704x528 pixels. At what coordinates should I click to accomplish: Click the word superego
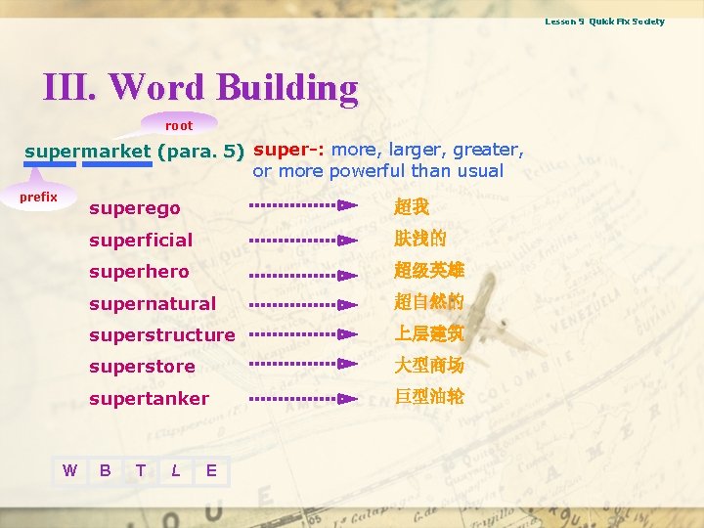[135, 208]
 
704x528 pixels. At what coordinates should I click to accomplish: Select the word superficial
[141, 240]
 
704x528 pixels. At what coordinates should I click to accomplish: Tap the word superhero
[139, 272]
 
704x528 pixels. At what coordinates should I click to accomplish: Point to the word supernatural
[153, 303]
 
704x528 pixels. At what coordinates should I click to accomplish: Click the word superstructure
[162, 335]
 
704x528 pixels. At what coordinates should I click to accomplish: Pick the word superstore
[142, 367]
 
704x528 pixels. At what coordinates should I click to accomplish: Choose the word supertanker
[149, 399]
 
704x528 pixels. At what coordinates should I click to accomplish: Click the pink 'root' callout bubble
[179, 125]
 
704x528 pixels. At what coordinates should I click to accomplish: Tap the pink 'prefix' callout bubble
[39, 198]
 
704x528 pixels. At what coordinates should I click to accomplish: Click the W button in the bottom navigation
[69, 470]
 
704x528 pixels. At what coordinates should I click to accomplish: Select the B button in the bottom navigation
[105, 470]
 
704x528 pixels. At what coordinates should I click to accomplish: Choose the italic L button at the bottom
[175, 470]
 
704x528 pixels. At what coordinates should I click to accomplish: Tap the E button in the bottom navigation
[211, 470]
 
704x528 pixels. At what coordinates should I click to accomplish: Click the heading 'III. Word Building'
[200, 87]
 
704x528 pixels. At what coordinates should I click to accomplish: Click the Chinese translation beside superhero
[429, 271]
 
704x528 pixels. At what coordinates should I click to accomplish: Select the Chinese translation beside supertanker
[429, 398]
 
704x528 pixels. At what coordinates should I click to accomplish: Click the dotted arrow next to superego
[303, 206]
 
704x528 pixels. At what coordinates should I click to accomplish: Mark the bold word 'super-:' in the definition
[288, 150]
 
